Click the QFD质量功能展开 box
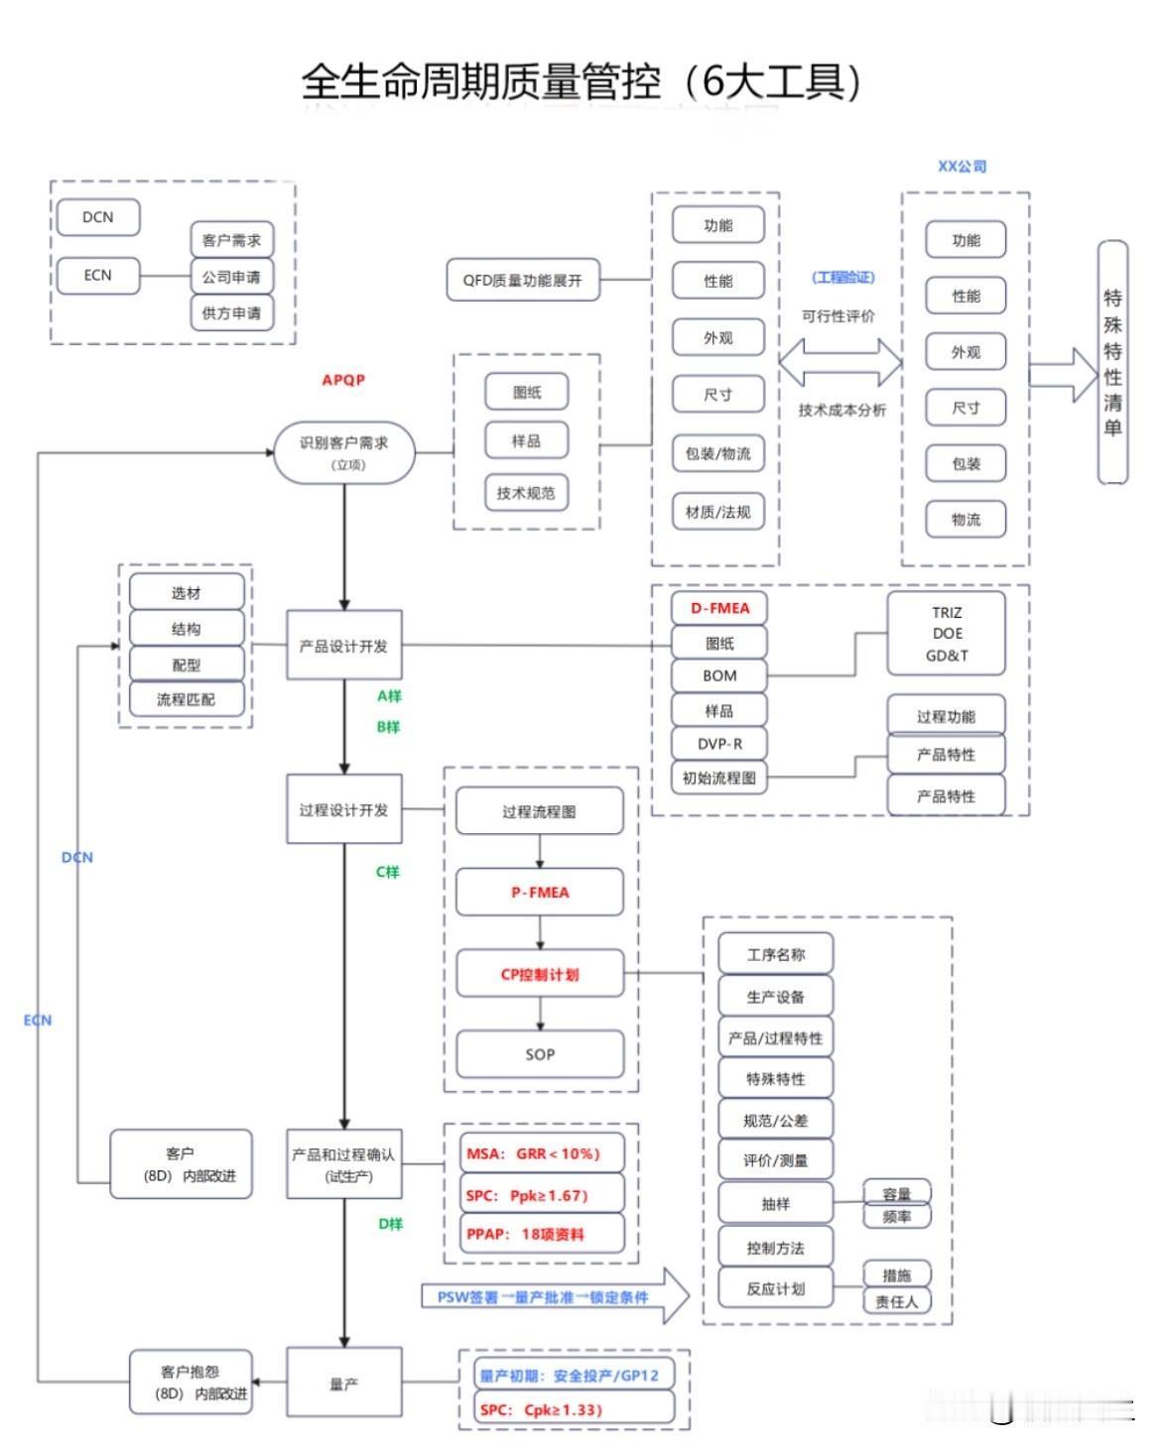point(522,281)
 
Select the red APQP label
point(343,380)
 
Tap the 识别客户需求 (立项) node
point(344,452)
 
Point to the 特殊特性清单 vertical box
point(1112,362)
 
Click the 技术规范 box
point(526,493)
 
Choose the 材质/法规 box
point(717,512)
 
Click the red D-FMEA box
point(719,608)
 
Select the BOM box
point(719,675)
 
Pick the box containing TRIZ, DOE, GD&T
point(947,634)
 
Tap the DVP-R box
point(719,744)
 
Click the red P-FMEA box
point(540,893)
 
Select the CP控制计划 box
point(540,974)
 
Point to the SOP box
point(540,1054)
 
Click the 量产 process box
point(344,1383)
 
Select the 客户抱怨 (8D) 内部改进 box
point(191,1383)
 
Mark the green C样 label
point(387,872)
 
